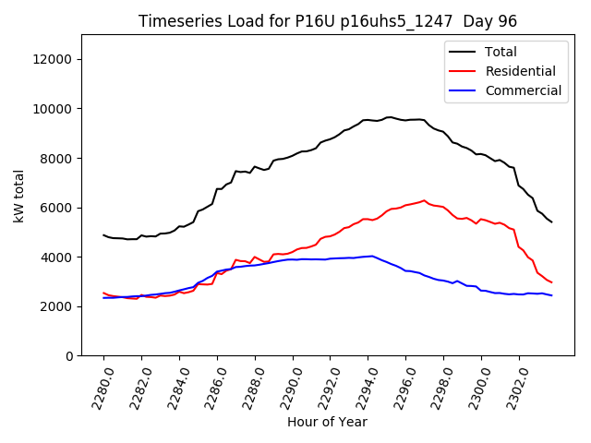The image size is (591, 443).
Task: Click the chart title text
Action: [x=327, y=21]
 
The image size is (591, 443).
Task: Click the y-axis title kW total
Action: [x=19, y=196]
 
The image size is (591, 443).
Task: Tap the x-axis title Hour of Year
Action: [x=327, y=423]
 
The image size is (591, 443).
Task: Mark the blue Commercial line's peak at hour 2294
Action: [x=371, y=256]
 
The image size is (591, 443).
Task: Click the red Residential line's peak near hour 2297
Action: [x=425, y=200]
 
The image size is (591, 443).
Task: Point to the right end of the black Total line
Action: [x=551, y=222]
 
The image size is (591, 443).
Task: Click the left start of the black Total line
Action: [x=103, y=234]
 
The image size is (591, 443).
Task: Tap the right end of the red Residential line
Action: [x=551, y=282]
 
